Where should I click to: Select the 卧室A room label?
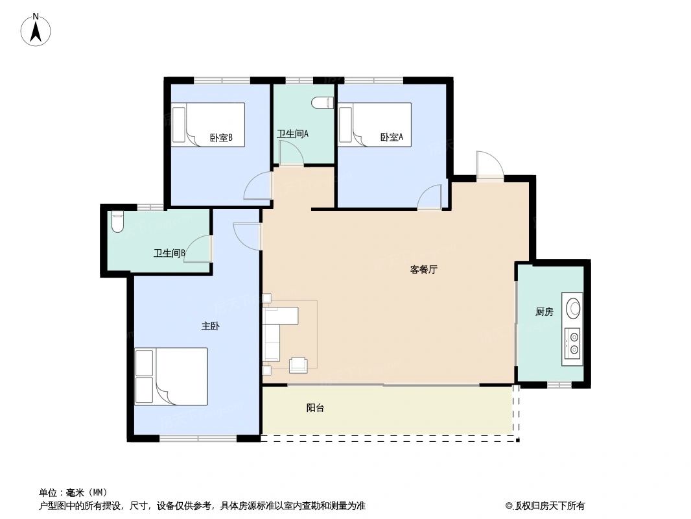point(392,137)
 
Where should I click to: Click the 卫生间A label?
point(292,134)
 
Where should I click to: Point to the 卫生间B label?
point(169,253)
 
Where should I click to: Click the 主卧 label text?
point(210,326)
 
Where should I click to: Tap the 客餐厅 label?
point(424,269)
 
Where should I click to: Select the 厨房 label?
point(545,312)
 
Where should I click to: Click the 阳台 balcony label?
point(315,408)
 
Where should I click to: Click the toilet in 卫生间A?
point(322,103)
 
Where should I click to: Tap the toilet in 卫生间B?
point(117,223)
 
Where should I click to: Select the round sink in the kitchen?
point(574,308)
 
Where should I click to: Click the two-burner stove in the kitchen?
point(573,344)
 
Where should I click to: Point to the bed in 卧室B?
point(207,124)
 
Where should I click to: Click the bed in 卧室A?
point(375,124)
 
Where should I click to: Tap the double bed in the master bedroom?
point(171,376)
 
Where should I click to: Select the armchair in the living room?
point(298,365)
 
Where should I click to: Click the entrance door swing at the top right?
point(489,165)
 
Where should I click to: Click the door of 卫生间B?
point(199,250)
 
